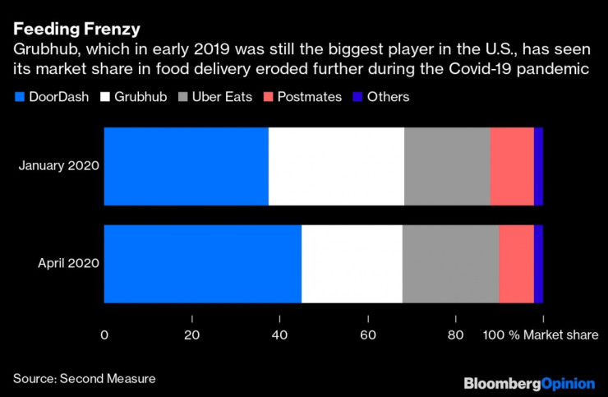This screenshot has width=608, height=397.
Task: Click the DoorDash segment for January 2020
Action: (187, 166)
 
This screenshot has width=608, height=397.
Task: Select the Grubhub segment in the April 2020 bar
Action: (352, 263)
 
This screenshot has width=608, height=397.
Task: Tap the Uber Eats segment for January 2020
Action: (447, 166)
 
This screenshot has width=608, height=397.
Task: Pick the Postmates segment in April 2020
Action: (516, 263)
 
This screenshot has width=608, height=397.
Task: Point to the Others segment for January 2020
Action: (538, 166)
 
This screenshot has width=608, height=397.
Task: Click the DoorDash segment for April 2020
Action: (203, 263)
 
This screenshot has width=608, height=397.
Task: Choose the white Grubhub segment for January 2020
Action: (336, 166)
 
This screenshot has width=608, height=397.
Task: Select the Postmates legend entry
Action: (303, 97)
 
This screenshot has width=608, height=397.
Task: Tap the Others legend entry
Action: (380, 97)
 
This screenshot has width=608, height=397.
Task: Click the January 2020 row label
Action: (59, 166)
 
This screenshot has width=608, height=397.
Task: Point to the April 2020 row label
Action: (69, 263)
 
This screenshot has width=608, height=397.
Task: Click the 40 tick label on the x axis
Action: (279, 335)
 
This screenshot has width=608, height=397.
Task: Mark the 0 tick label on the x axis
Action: (104, 335)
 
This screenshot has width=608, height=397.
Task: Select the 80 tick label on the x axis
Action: (455, 335)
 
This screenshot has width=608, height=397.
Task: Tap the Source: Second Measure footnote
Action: (84, 379)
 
